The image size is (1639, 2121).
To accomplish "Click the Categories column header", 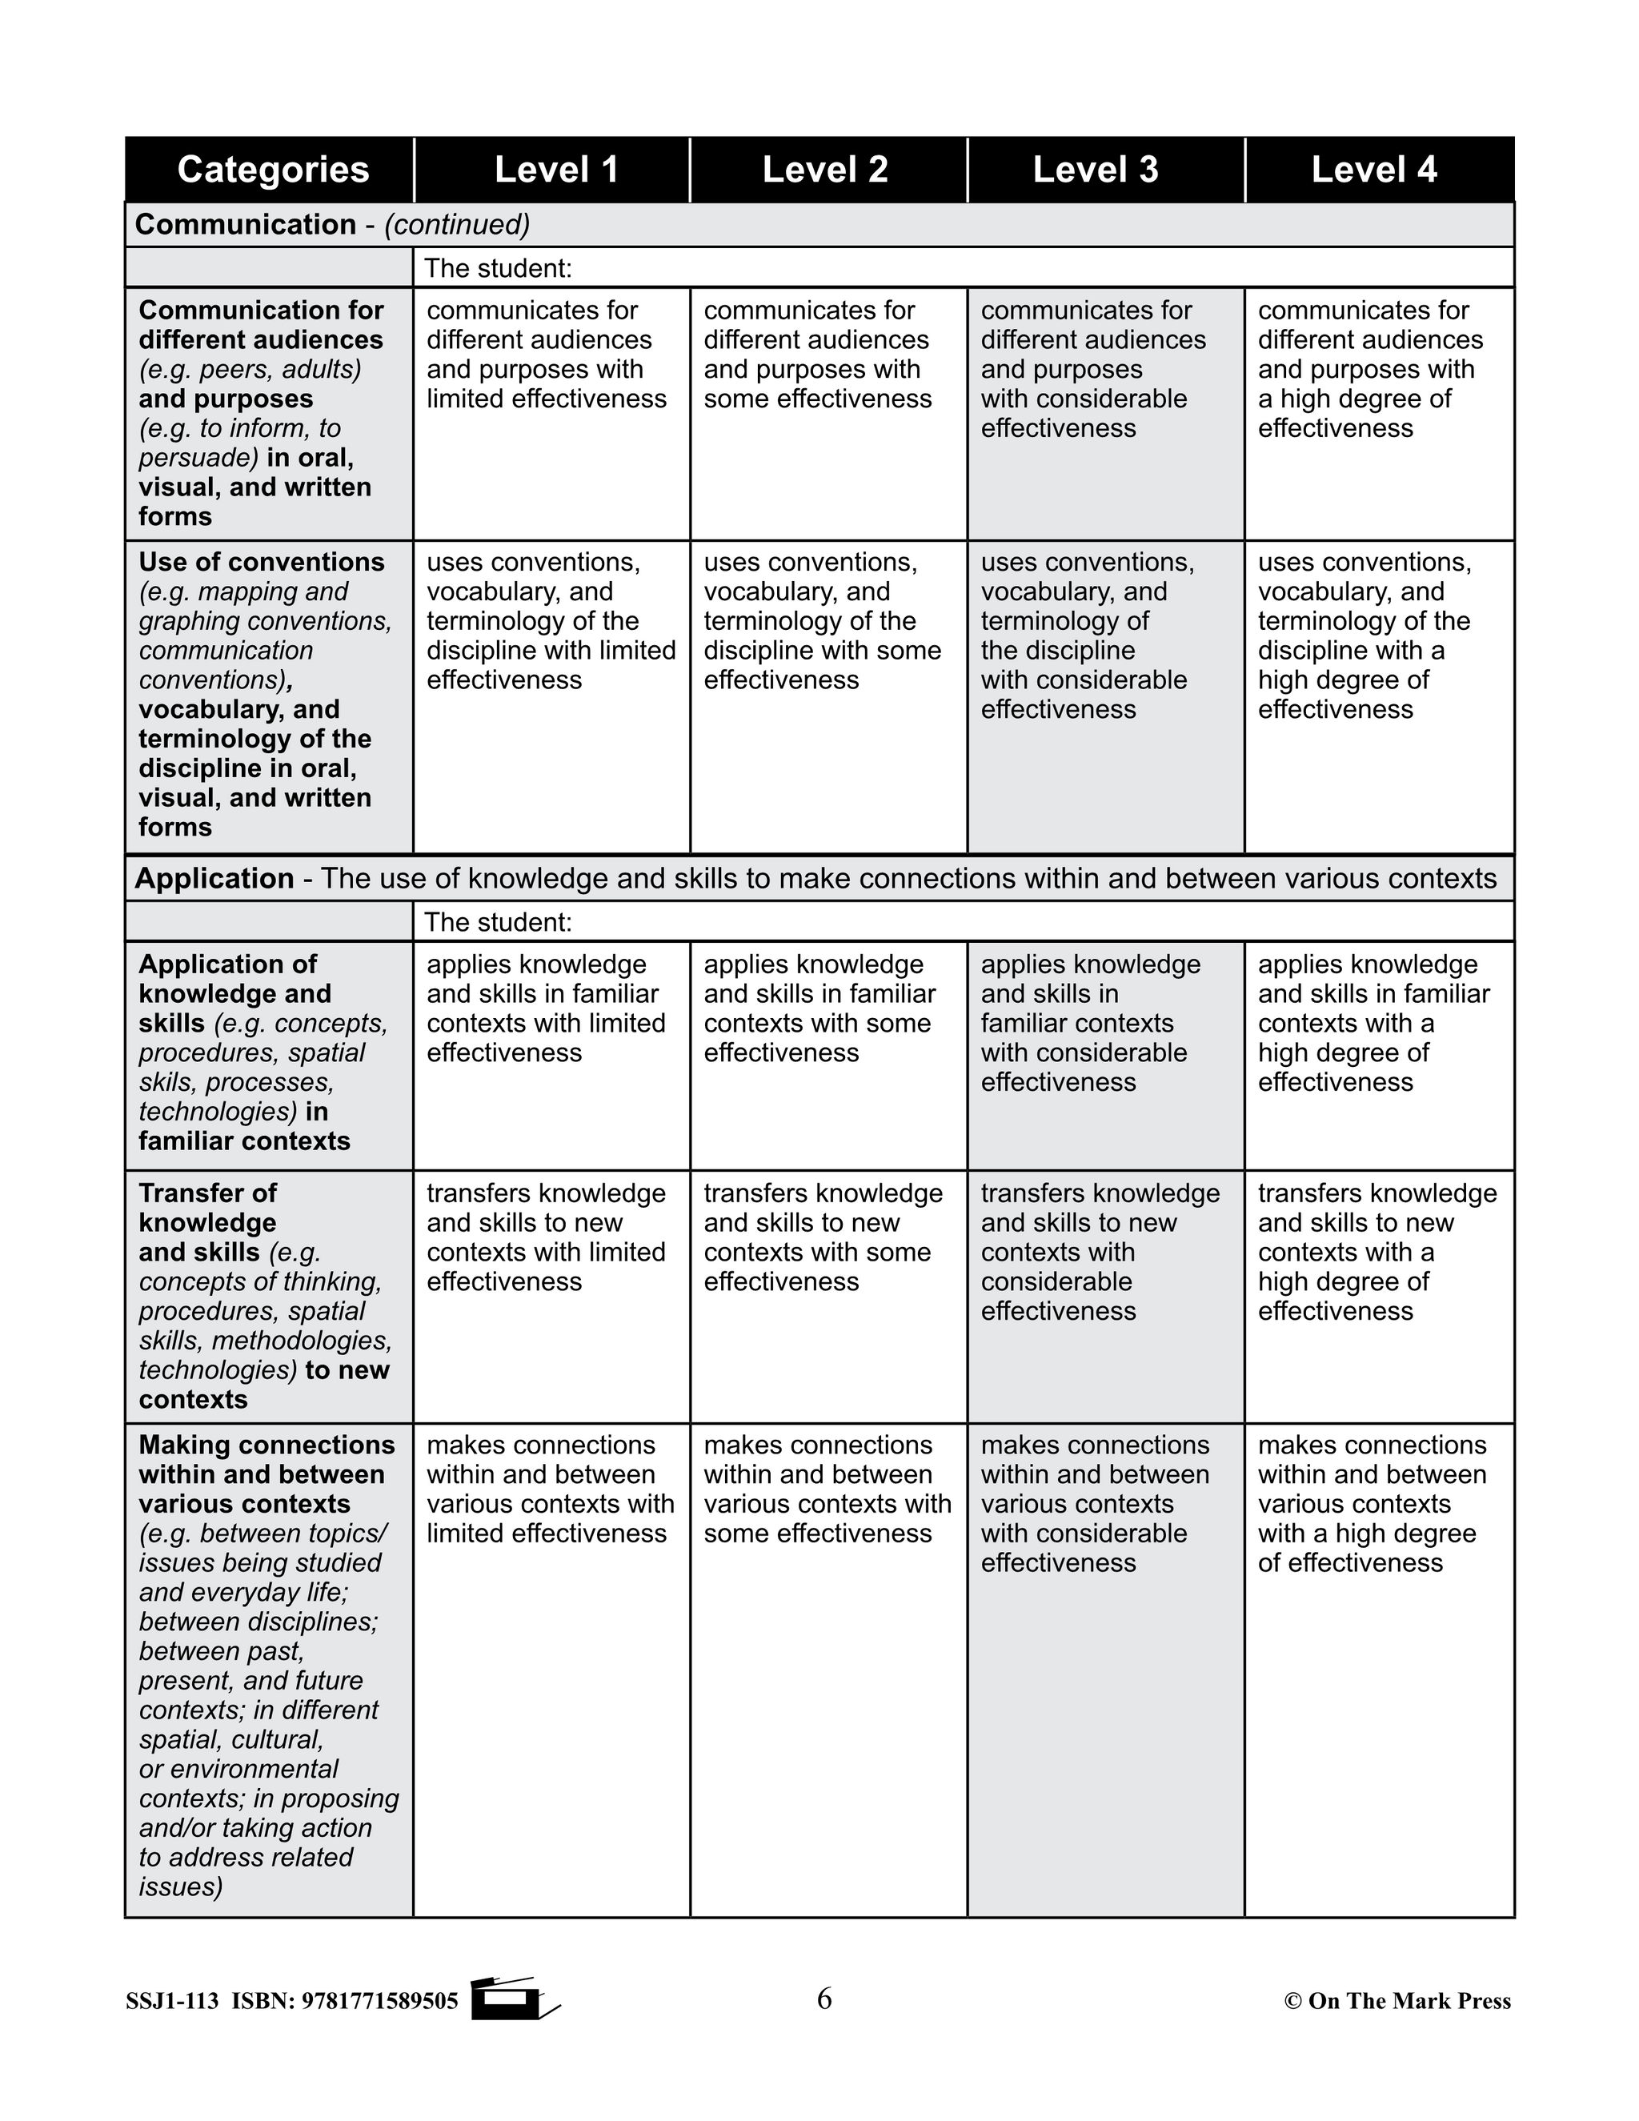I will coord(273,170).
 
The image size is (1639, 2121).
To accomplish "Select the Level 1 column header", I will coord(555,170).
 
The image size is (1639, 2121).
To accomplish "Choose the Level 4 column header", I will coord(1373,170).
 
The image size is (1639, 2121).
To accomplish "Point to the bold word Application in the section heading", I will coord(214,879).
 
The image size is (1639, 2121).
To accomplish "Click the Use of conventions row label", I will coord(261,563).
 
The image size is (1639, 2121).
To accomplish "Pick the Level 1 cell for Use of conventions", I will coord(551,622).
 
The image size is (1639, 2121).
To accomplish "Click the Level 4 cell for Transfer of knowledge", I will coord(1377,1252).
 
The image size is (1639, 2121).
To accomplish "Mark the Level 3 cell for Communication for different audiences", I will coord(1092,369).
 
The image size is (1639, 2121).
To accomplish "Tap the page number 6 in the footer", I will coord(824,1999).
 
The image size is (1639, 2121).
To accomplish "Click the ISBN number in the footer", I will coord(379,2001).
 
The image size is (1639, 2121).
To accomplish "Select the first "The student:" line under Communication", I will coord(498,268).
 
